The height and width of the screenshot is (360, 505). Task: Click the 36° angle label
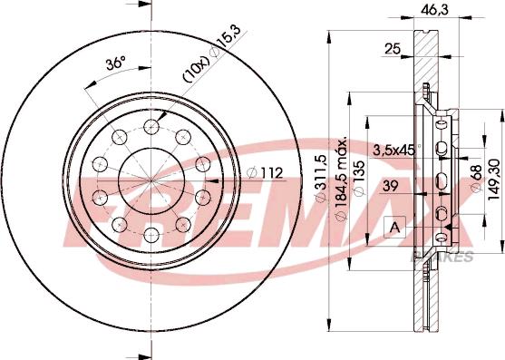point(114,64)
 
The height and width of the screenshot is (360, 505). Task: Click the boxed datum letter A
point(394,226)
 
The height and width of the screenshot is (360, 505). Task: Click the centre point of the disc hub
point(150,180)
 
